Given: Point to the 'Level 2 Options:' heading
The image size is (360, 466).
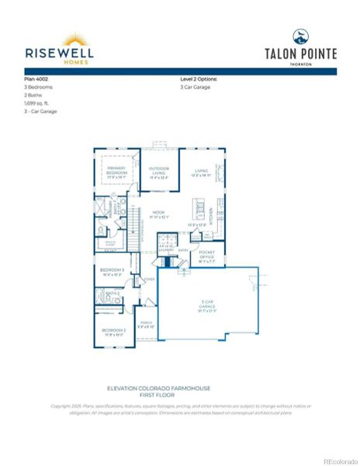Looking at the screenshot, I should (x=199, y=79).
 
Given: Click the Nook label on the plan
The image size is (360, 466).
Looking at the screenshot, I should (x=158, y=212).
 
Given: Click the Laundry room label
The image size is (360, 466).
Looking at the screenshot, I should (x=166, y=250).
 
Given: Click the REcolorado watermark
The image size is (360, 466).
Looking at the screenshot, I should (x=340, y=460).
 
